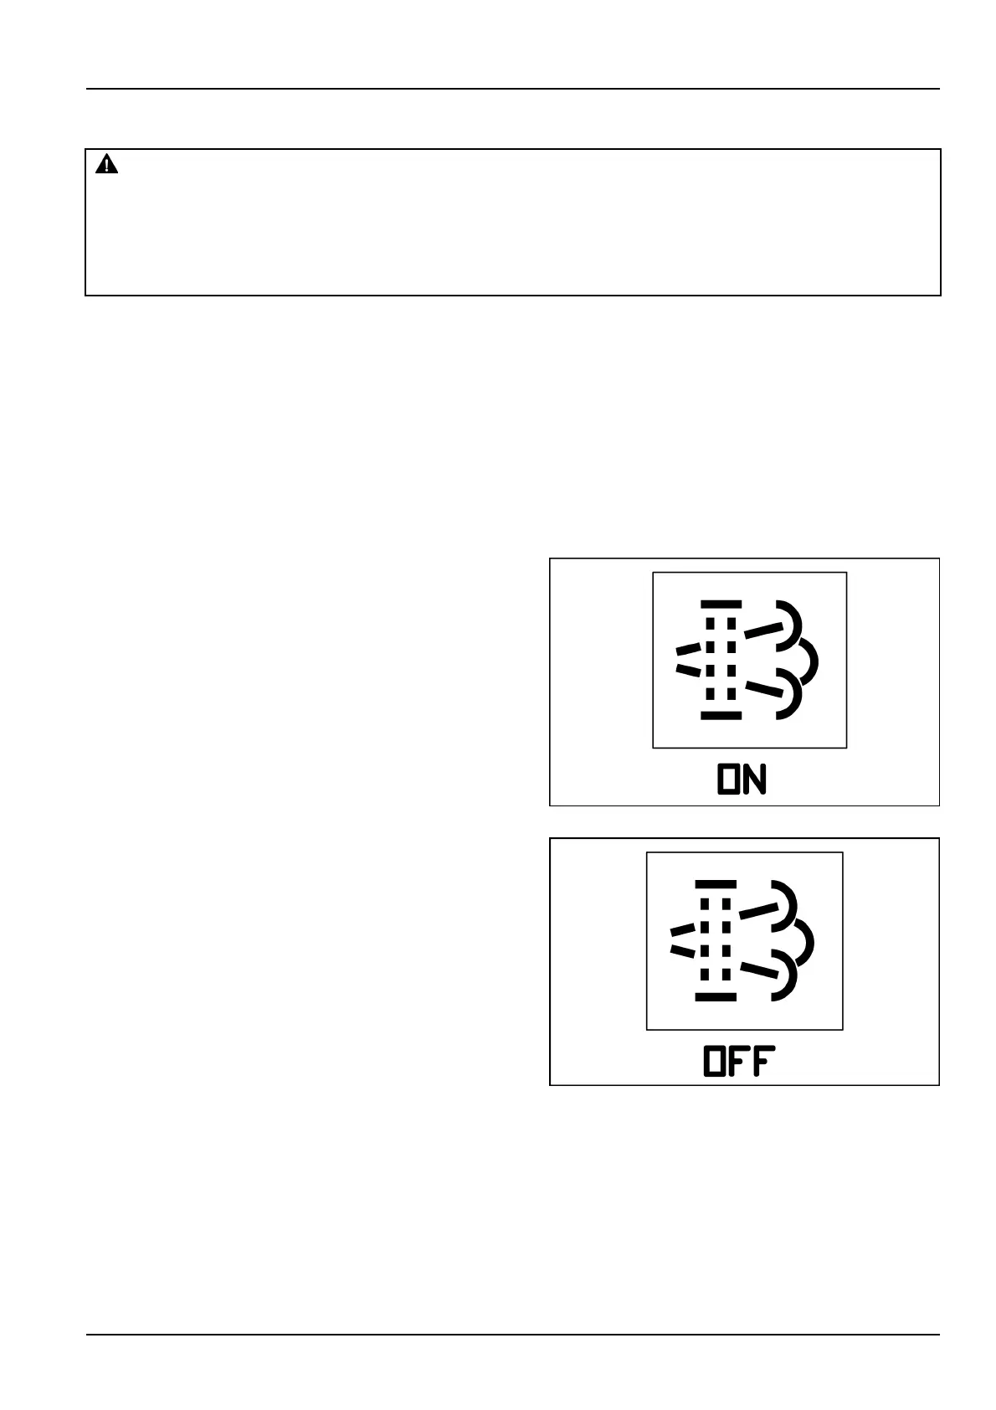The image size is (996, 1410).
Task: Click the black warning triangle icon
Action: (x=107, y=165)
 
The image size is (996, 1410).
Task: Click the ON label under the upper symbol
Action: (x=742, y=780)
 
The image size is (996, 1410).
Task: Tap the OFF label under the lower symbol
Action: (x=739, y=1062)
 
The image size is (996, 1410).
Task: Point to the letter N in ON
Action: (x=755, y=780)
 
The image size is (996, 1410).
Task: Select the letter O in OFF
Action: (x=716, y=1062)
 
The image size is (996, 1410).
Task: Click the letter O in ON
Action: (x=729, y=780)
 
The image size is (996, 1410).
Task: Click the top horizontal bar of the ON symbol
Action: (x=721, y=603)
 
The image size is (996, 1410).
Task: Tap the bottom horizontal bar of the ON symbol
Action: (x=721, y=716)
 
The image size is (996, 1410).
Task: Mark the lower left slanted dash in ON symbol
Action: (x=688, y=670)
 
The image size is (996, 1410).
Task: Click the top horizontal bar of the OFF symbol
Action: (x=716, y=884)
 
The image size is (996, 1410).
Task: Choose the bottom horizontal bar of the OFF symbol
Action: (x=716, y=997)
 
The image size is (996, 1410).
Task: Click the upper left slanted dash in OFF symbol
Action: (x=683, y=929)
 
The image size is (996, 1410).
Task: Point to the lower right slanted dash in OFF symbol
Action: (x=760, y=971)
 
